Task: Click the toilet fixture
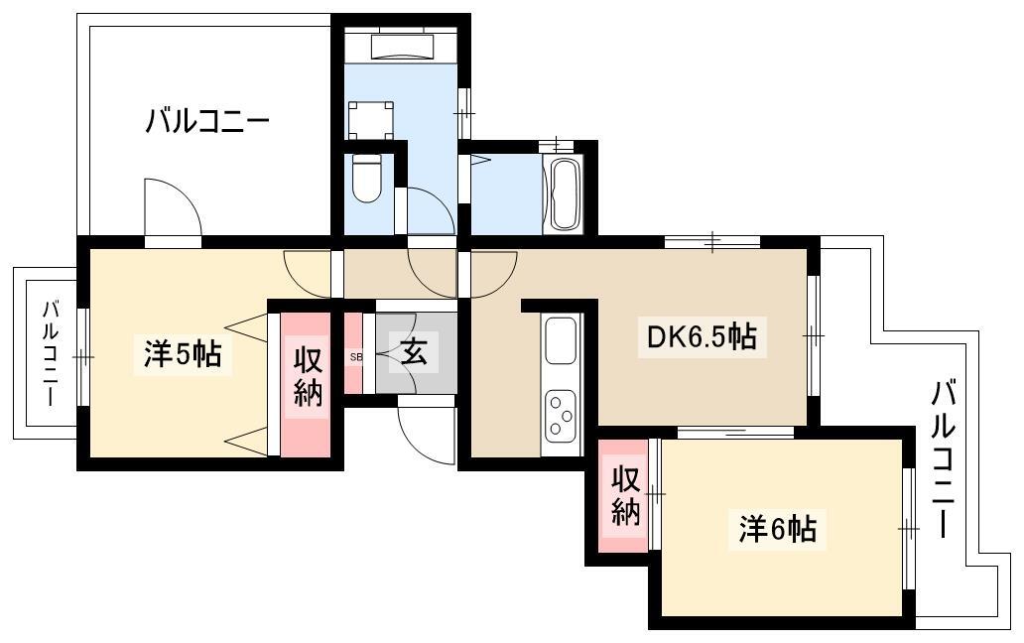[366, 178]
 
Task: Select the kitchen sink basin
[561, 340]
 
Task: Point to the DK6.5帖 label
[703, 337]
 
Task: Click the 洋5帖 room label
[183, 354]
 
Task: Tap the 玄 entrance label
[414, 353]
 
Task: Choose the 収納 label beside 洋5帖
[308, 377]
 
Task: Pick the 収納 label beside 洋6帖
[625, 497]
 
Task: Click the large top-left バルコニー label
[207, 121]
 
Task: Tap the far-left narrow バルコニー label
[51, 353]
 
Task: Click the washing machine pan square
[371, 120]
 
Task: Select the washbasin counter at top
[402, 46]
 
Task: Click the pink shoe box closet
[353, 354]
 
